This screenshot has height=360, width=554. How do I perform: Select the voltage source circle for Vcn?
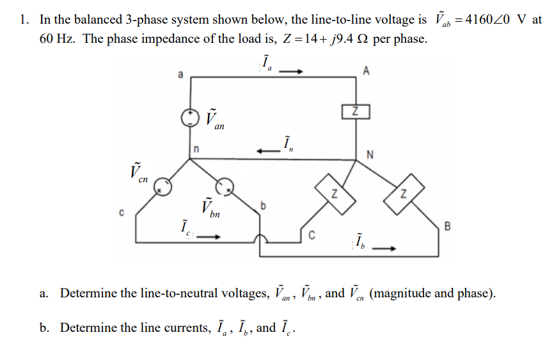pos(163,187)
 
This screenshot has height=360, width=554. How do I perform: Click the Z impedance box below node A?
pos(356,111)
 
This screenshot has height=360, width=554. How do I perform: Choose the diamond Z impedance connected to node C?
pos(332,192)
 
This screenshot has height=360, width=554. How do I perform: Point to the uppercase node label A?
pos(365,71)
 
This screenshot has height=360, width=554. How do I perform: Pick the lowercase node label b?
pos(262,205)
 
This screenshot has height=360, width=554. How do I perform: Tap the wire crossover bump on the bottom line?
pos(261,239)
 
